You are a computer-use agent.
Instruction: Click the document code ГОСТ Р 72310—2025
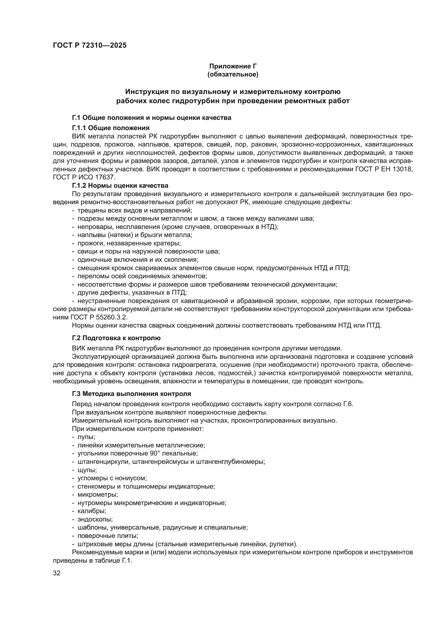(90, 46)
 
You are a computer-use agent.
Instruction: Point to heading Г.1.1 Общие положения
(110, 128)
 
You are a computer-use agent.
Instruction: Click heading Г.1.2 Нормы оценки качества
(120, 186)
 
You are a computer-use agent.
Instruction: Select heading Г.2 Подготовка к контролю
(116, 338)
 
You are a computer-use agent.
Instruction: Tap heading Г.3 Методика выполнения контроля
(131, 394)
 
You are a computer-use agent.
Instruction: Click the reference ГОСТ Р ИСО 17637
(84, 177)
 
